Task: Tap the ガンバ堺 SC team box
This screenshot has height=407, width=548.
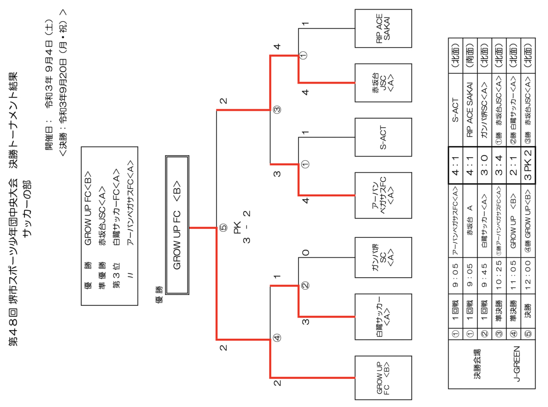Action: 383,257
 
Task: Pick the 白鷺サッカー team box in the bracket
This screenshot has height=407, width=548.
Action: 383,317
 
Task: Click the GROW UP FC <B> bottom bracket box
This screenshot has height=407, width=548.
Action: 383,377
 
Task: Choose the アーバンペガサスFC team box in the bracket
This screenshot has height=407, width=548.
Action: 383,195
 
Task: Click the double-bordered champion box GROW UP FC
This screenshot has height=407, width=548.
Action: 177,225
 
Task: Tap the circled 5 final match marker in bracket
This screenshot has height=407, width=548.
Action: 223,228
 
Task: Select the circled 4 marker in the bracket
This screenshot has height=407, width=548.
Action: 277,337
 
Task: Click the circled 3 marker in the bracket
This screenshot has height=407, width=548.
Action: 277,110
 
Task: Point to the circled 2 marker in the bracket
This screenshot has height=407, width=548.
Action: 305,285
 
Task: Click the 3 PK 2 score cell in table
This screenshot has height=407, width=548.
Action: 528,165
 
